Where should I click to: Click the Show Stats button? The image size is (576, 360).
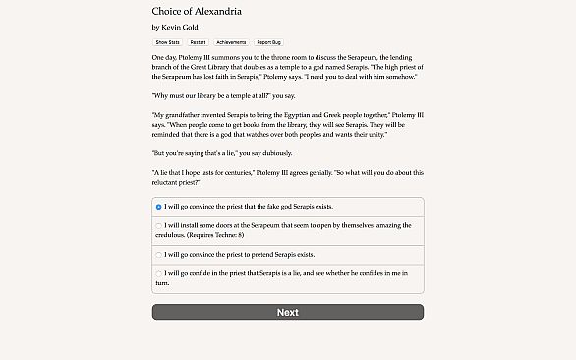click(166, 42)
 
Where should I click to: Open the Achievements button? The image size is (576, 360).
click(231, 42)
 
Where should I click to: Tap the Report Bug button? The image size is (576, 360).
click(267, 42)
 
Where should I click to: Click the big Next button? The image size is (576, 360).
click(287, 312)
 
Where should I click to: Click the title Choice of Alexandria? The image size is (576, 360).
click(197, 11)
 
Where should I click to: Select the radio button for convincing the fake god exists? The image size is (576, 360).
click(159, 207)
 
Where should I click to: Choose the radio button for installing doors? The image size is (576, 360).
click(159, 225)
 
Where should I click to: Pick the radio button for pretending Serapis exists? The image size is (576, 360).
click(159, 254)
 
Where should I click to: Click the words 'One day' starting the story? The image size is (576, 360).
click(164, 58)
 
